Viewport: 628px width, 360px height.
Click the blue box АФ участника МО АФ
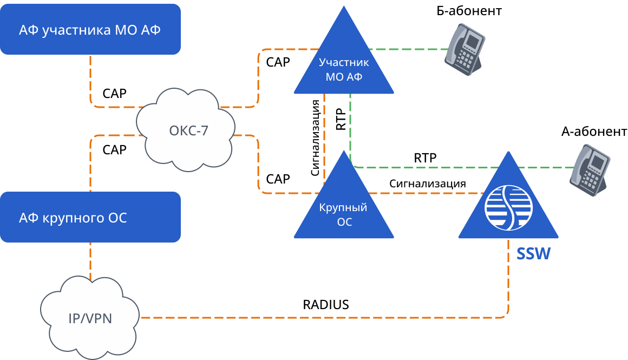coord(90,29)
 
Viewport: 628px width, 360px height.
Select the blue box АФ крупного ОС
coord(90,217)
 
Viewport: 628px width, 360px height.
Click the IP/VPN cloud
coord(90,317)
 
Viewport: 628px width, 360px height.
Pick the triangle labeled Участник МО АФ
coord(344,60)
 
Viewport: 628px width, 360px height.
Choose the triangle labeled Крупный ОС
coord(344,206)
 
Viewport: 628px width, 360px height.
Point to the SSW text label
coord(533,254)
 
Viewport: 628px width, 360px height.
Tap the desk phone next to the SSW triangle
coord(590,170)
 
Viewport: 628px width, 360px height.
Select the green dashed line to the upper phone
coord(411,49)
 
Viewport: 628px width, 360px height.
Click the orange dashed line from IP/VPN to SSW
coord(325,317)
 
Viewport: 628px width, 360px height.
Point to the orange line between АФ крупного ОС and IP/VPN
coord(90,260)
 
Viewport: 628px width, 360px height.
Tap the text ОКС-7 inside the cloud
coord(188,130)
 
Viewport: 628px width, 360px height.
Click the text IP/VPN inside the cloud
coord(90,318)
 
